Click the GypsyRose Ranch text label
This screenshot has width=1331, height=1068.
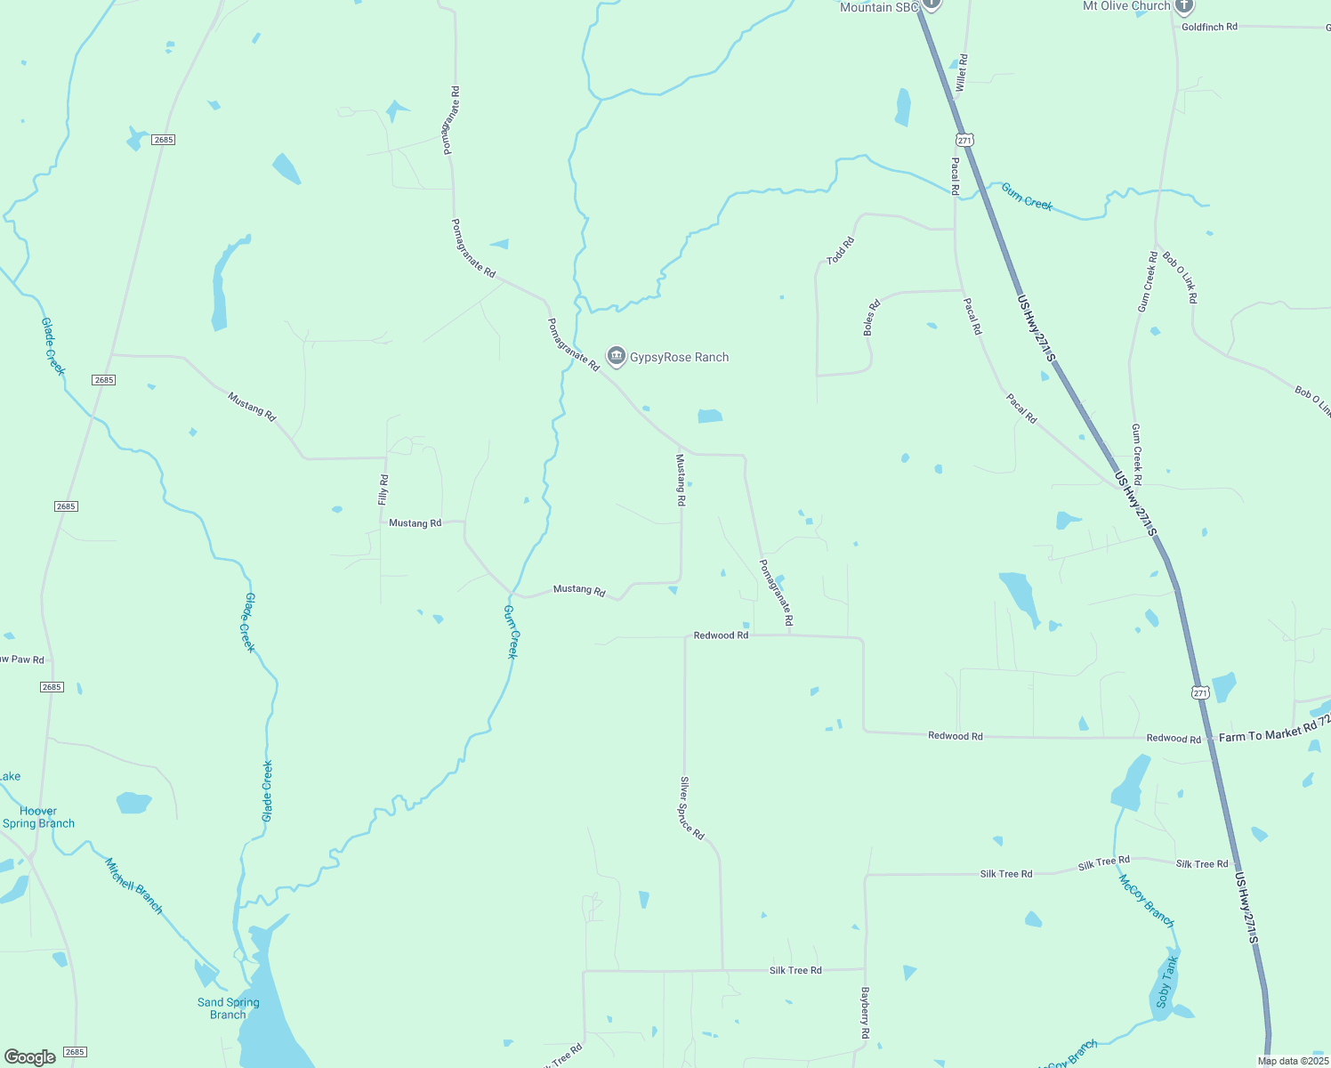[679, 358]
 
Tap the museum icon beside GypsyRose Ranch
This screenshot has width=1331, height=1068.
[616, 357]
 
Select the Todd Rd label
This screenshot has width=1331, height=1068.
[840, 251]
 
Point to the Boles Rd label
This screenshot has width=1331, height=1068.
[872, 318]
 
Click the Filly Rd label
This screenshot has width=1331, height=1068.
[383, 490]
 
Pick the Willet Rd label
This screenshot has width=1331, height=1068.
[961, 72]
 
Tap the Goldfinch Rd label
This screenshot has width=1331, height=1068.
[1209, 28]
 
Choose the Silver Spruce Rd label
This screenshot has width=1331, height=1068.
[691, 808]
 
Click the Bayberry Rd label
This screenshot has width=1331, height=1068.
[864, 1013]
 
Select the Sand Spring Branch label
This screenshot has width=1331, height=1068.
[229, 1008]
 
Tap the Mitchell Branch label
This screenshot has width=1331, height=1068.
[134, 886]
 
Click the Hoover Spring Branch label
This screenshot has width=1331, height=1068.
[38, 817]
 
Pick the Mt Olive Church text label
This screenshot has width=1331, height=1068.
[1125, 6]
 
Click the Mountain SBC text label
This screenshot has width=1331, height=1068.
[878, 7]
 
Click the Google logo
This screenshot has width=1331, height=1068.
[30, 1057]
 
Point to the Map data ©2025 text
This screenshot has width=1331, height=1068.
[1293, 1061]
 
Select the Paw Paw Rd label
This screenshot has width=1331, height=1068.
[21, 659]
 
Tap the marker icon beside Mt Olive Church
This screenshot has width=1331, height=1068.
[1183, 7]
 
